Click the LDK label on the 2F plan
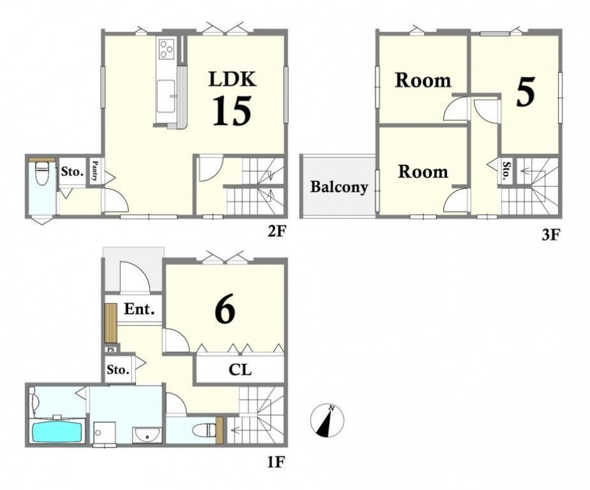[233, 80]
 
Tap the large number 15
[232, 111]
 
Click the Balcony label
[339, 186]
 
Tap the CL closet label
[240, 370]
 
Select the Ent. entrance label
[139, 309]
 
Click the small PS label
[111, 349]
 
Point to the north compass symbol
[327, 420]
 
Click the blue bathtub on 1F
[57, 432]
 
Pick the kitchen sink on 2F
[166, 96]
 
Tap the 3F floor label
[552, 235]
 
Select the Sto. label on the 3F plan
[507, 170]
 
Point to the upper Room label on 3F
[423, 81]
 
